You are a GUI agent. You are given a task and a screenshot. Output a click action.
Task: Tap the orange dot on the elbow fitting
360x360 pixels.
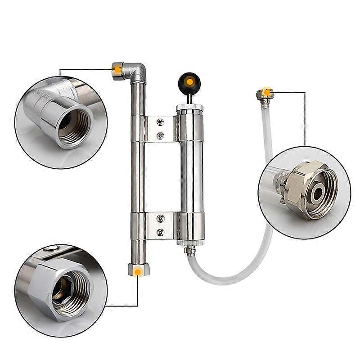(x=117, y=69)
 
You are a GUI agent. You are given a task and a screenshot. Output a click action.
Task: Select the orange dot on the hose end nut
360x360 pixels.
(x=267, y=93)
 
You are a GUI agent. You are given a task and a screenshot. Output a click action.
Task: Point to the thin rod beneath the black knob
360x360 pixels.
(x=189, y=98)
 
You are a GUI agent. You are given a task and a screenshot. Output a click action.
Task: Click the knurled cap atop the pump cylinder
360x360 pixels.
(x=189, y=108)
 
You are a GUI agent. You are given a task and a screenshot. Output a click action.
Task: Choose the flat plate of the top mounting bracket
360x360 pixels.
(x=160, y=128)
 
